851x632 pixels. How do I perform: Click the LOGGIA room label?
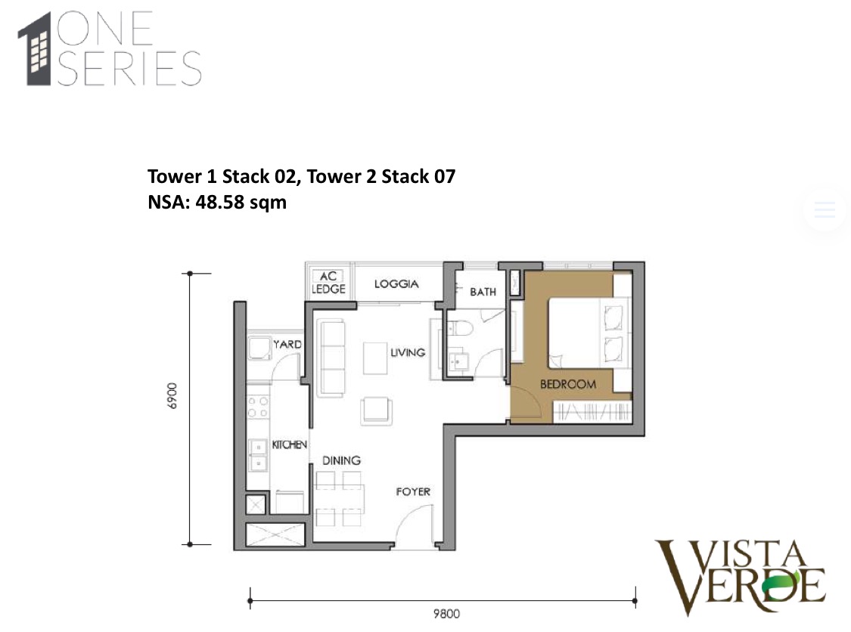click(x=396, y=284)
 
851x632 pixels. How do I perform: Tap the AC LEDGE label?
click(x=328, y=283)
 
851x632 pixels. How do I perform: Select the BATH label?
click(x=483, y=291)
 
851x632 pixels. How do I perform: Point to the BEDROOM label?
click(x=567, y=384)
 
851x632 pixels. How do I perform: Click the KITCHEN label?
click(x=289, y=445)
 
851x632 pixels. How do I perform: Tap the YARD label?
click(x=287, y=345)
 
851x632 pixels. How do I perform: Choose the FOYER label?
click(x=413, y=492)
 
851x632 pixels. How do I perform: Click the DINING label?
click(x=341, y=460)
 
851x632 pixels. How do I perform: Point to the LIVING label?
click(x=408, y=352)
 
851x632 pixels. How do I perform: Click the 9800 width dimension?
click(x=443, y=614)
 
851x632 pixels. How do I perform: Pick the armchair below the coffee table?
click(x=377, y=409)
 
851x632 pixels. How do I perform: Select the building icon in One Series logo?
click(x=38, y=48)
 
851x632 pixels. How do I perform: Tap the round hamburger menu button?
click(x=824, y=209)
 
